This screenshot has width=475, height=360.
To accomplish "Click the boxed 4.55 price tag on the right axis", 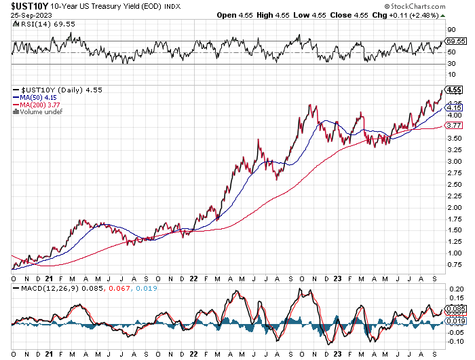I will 454,90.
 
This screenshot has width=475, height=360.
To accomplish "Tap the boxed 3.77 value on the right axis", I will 454,126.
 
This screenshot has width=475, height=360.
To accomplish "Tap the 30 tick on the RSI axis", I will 450,64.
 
